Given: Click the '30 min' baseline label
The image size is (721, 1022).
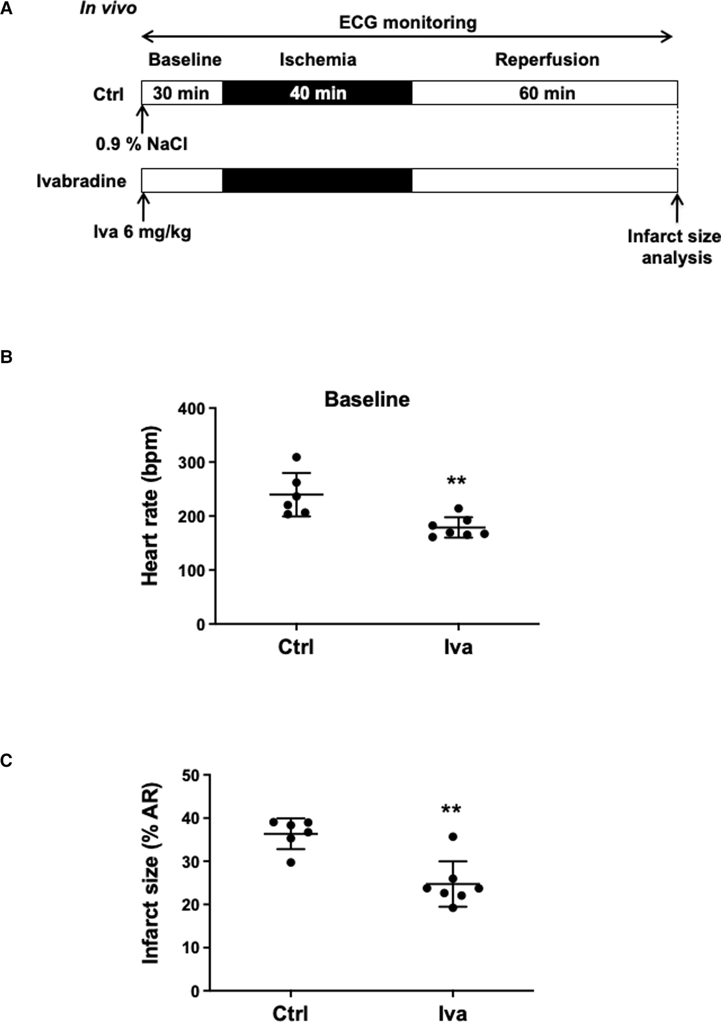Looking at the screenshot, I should coord(181,94).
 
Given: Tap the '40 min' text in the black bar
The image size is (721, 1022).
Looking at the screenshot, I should coord(318,94).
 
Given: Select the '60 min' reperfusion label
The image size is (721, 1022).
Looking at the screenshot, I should coord(547,94).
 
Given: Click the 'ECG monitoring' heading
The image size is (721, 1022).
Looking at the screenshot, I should coord(407,23).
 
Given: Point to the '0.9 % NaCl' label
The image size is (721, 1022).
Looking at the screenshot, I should coord(142,144).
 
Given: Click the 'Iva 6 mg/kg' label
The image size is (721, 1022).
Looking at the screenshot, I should coord(142,232).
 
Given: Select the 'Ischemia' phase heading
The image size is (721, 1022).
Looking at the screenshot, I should coord(318,60).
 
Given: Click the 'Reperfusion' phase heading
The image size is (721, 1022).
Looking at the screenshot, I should coord(547,60).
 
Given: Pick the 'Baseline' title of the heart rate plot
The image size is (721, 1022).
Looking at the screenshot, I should coord(366,399).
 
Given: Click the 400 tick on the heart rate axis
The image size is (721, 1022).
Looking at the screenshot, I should coord(191,408).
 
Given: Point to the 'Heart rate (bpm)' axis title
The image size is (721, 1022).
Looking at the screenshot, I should coord(150,506).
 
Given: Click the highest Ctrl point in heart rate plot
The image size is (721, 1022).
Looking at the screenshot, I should coord(296,457).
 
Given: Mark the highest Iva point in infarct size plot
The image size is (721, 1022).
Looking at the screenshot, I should coord(453,837).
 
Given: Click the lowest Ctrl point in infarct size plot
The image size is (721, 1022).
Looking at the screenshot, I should coord(291,862).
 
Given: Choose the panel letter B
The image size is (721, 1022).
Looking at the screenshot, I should coord(6,357).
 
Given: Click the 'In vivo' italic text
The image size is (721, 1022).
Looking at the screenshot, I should coord(108,9).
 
